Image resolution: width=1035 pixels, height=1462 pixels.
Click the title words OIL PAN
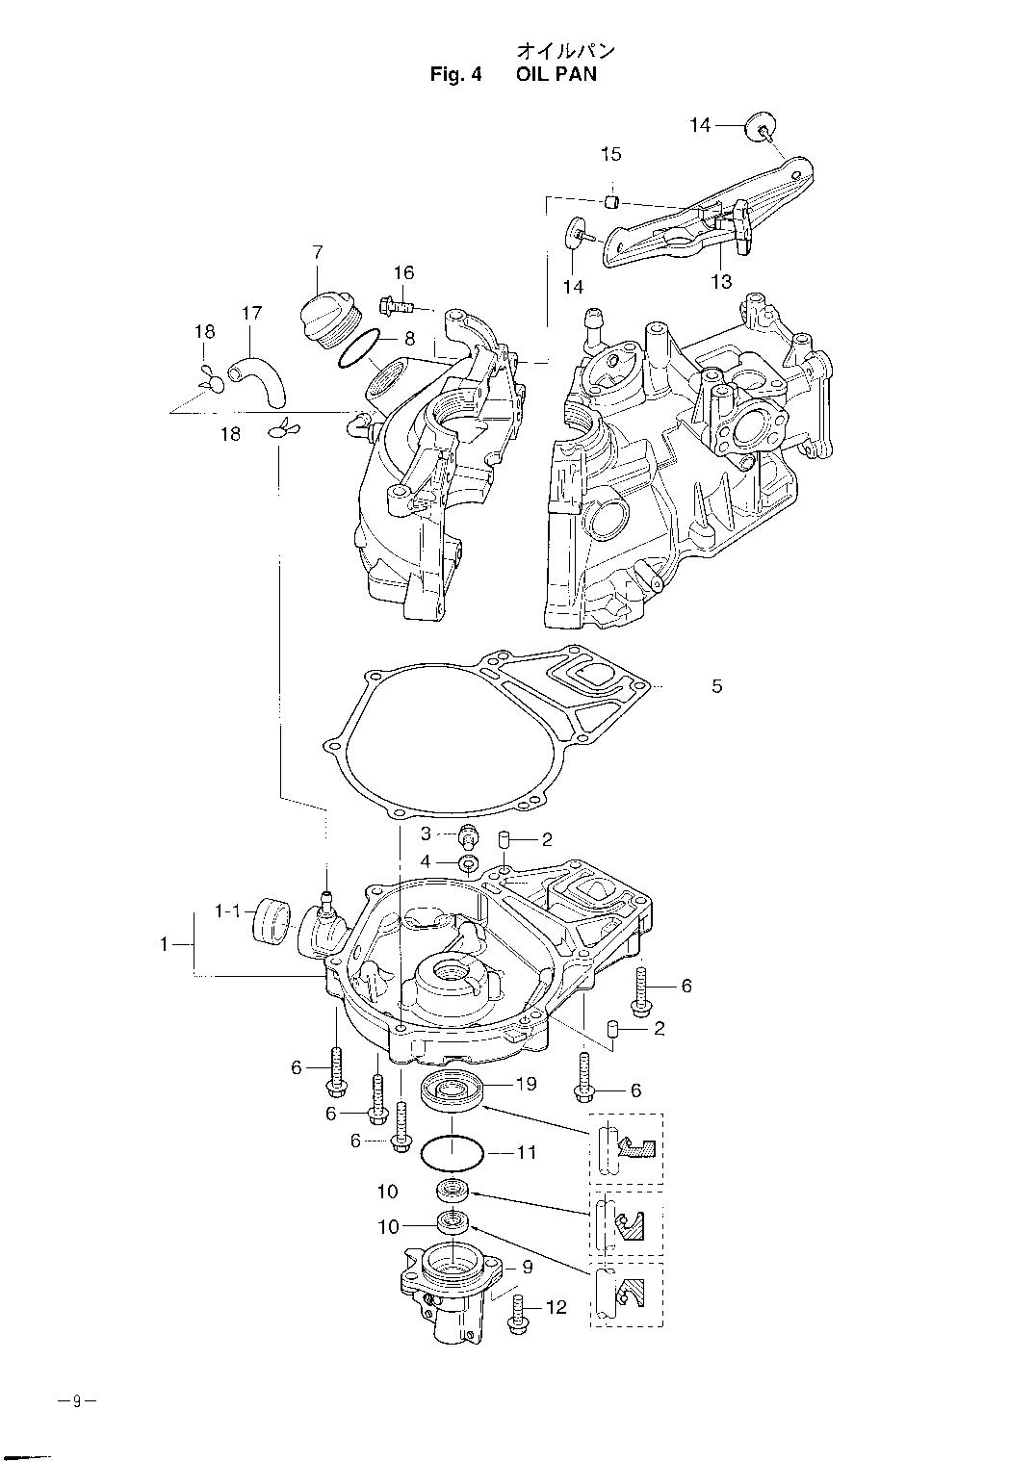[x=556, y=74]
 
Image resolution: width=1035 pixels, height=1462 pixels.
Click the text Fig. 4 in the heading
[x=455, y=74]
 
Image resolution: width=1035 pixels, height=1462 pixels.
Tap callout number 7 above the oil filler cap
[x=318, y=252]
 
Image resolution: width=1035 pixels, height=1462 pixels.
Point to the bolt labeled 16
[x=397, y=304]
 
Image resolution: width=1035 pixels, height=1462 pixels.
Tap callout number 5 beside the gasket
[x=717, y=686]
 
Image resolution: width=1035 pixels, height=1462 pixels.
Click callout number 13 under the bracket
[x=721, y=281]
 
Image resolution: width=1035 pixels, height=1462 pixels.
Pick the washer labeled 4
[x=468, y=863]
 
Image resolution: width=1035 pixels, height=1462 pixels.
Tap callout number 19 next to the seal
[x=526, y=1084]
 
